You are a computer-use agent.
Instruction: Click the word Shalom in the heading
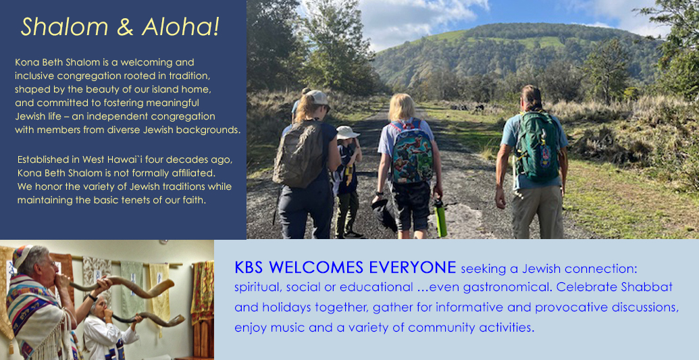click(64, 27)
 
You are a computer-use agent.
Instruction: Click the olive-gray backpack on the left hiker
click(299, 153)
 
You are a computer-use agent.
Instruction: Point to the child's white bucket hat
click(347, 132)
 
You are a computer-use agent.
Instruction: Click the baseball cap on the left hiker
click(318, 98)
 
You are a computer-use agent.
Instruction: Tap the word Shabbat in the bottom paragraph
click(647, 287)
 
